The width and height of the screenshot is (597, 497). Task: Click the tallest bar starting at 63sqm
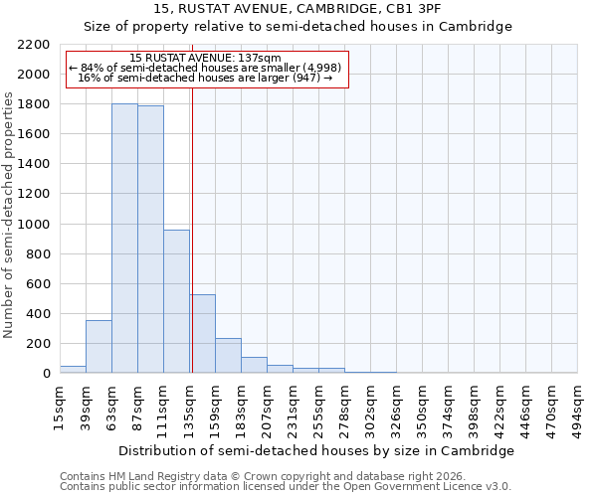[124, 239]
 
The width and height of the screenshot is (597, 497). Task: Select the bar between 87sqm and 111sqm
[150, 240]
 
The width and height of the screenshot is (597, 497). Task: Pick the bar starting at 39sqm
[99, 347]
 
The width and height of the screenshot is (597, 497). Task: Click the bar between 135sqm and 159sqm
[203, 334]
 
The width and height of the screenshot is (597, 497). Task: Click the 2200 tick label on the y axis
[34, 45]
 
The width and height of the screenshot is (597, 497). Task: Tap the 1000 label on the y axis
[34, 225]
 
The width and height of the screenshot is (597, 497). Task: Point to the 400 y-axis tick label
[38, 314]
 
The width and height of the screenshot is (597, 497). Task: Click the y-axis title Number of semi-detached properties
[9, 215]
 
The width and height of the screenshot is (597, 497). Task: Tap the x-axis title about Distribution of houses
[316, 450]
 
